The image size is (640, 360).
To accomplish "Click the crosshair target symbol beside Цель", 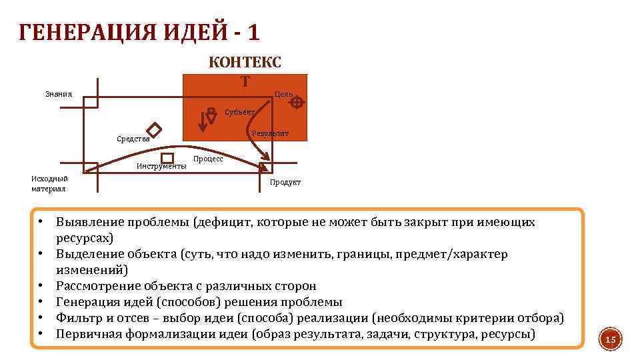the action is (297, 102).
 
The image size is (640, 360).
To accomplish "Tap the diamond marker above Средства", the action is (155, 129).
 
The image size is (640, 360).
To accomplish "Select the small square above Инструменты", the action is (167, 157).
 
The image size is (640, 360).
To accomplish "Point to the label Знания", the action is (59, 94).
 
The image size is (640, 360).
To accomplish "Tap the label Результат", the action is (271, 133).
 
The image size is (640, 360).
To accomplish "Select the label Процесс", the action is (208, 159).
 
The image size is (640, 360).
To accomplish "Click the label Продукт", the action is (285, 182).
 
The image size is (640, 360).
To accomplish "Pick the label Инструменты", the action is (161, 167).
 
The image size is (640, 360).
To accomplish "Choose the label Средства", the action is (133, 139).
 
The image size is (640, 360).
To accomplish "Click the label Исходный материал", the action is (49, 183).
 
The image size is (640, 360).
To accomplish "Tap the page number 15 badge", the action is (609, 340).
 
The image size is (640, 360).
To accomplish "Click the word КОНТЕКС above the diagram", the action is (245, 62).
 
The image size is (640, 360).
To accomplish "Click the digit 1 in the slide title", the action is (253, 31).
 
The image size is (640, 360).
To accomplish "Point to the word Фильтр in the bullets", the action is (78, 318).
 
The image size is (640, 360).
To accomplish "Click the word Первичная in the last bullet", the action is (87, 333).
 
